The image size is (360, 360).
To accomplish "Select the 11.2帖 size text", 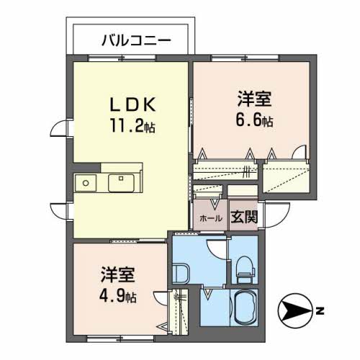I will [134, 127].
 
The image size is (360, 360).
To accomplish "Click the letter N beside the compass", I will [319, 312].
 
